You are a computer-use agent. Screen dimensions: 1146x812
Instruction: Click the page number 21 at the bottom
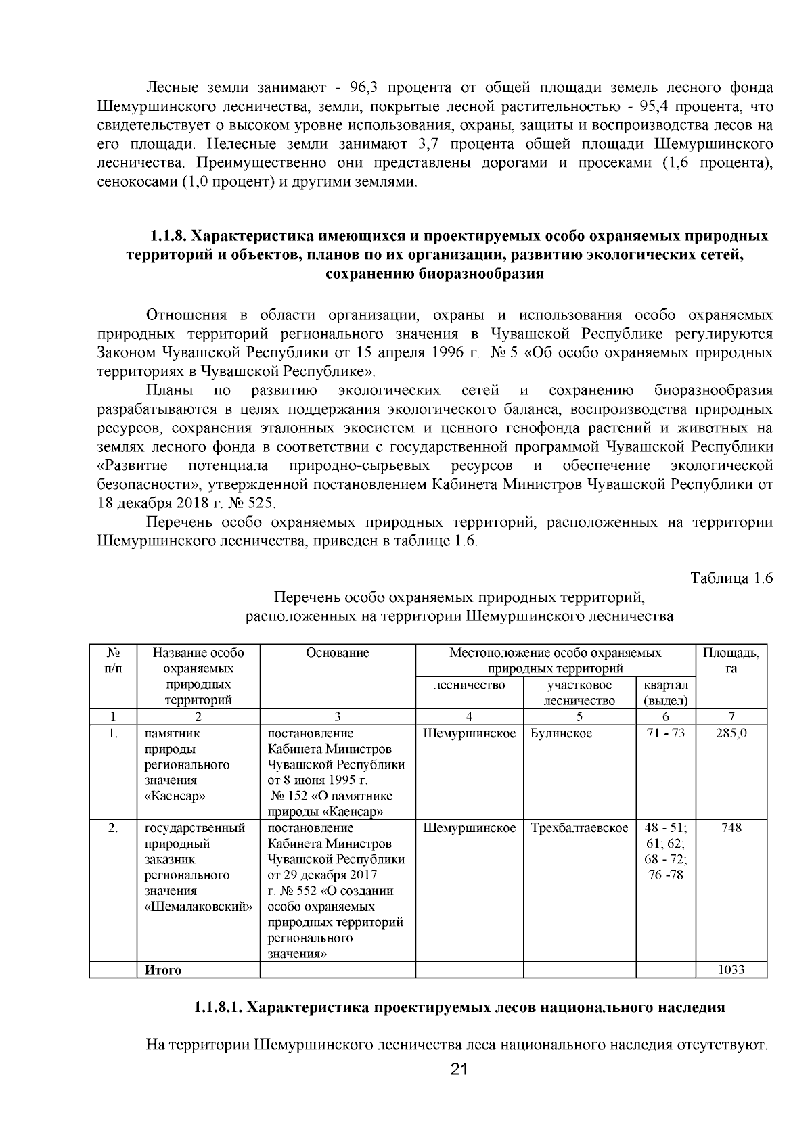(x=459, y=1069)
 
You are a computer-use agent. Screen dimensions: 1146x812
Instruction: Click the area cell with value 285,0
(x=731, y=733)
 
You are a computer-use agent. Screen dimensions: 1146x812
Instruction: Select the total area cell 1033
(x=731, y=969)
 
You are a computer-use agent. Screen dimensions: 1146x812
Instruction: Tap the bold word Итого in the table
(x=163, y=970)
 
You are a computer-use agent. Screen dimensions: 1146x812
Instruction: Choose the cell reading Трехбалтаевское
(x=579, y=828)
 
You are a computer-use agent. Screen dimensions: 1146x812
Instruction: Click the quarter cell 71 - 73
(x=665, y=733)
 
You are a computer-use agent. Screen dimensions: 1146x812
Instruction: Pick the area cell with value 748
(x=731, y=828)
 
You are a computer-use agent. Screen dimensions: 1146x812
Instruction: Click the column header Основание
(x=337, y=653)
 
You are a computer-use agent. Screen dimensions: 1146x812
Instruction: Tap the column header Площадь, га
(x=731, y=660)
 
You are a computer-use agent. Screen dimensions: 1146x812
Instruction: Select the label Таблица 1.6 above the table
(x=731, y=578)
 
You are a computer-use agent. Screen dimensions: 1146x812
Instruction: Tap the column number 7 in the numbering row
(x=731, y=717)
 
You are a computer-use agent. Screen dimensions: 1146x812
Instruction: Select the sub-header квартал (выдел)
(x=665, y=693)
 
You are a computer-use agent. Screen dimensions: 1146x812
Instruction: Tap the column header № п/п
(x=113, y=660)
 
